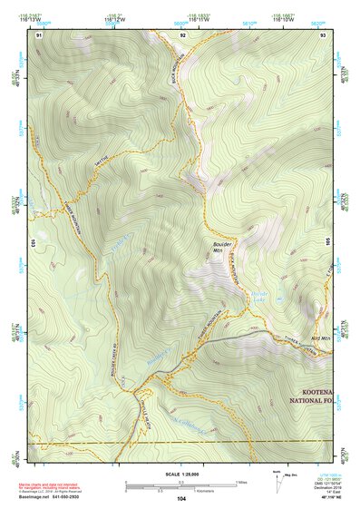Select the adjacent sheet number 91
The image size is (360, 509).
(x=39, y=34)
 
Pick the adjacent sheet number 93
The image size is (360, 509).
(x=324, y=34)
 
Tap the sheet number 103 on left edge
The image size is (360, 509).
(x=33, y=243)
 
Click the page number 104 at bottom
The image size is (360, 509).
(x=181, y=498)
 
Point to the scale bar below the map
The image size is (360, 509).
(x=180, y=485)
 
